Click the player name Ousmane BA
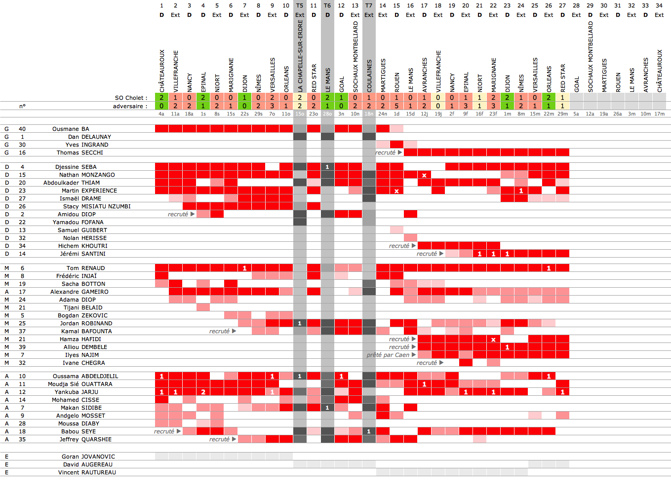point(71,129)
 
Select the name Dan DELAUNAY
point(89,137)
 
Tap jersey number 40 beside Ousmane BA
point(22,129)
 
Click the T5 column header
point(300,5)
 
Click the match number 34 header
point(659,5)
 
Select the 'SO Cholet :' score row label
point(131,98)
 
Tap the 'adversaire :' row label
point(130,106)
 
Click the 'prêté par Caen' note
point(388,355)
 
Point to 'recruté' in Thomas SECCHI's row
point(385,152)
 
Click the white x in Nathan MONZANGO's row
point(424,175)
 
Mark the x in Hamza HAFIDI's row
point(493,339)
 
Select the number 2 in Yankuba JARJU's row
point(203,392)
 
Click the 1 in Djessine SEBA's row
point(327,167)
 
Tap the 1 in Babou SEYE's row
point(369,431)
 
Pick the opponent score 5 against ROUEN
point(396,106)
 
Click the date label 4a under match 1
point(161,114)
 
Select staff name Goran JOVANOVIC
point(88,456)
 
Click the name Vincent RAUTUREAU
point(87,472)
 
